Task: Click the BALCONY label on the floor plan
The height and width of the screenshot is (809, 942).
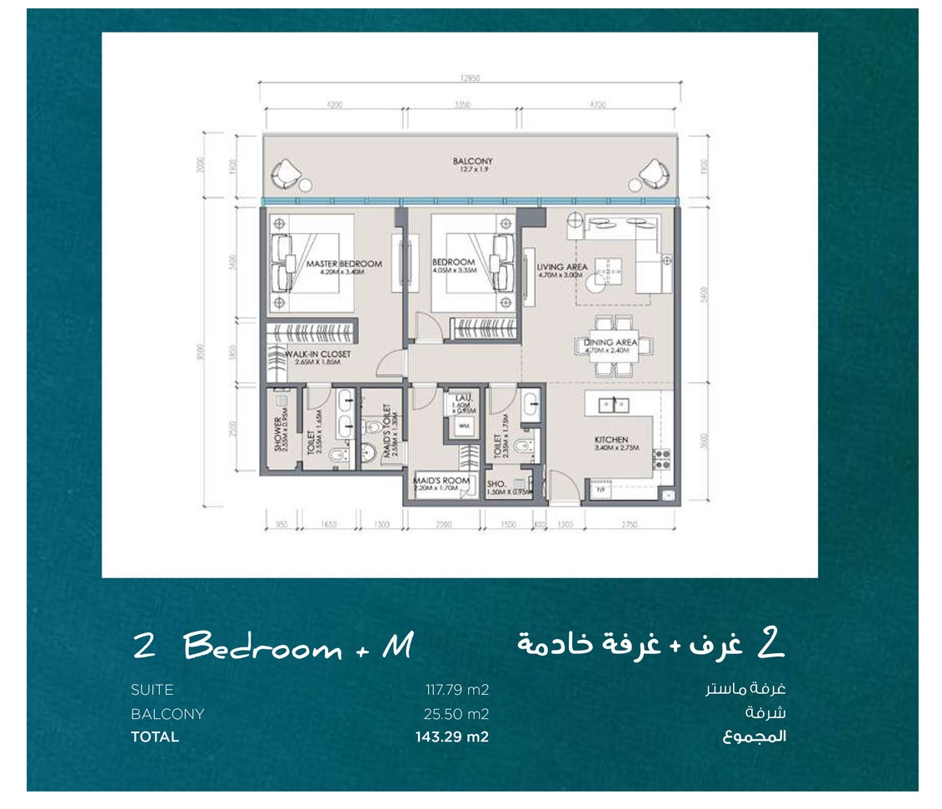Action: (472, 162)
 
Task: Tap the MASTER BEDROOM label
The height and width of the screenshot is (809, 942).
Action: (343, 264)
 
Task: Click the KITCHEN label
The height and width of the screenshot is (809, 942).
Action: (611, 440)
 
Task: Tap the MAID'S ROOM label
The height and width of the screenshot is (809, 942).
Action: (442, 482)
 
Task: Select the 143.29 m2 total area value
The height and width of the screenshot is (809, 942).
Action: (451, 737)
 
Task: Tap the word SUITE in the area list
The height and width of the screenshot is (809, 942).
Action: (152, 690)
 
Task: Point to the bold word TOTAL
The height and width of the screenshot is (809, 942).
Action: (155, 737)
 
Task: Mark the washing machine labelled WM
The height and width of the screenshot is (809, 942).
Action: (464, 426)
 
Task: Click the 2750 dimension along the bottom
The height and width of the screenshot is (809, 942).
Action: (630, 525)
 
